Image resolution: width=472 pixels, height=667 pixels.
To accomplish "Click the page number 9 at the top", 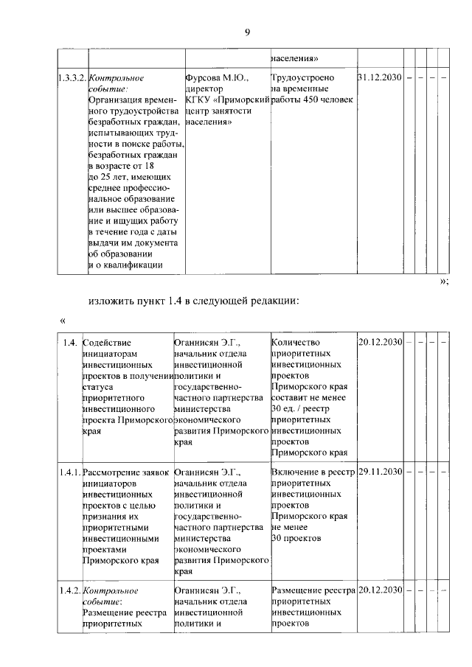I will pyautogui.click(x=247, y=31).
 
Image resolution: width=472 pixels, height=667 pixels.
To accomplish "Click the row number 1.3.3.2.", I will pyautogui.click(x=72, y=77).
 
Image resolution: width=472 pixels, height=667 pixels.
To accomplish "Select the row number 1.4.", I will pyautogui.click(x=70, y=342).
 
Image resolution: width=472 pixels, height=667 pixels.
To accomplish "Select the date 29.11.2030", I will pyautogui.click(x=381, y=471).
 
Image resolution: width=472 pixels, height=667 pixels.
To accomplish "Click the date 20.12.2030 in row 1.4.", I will pyautogui.click(x=381, y=342).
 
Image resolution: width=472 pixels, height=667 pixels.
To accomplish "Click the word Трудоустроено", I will pyautogui.click(x=302, y=77).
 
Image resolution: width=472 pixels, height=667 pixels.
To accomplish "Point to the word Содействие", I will pyautogui.click(x=107, y=342).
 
